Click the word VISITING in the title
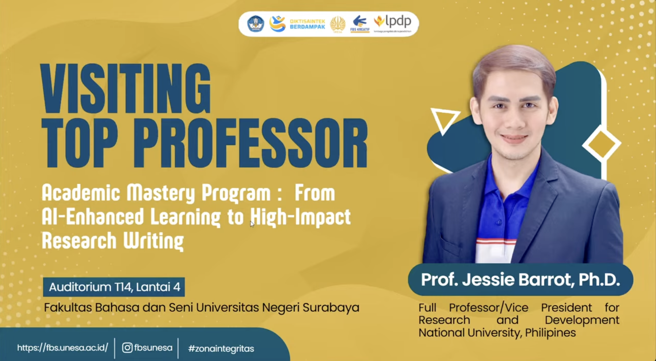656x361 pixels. [126, 89]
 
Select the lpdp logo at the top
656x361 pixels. [393, 24]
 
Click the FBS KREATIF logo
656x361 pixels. [360, 24]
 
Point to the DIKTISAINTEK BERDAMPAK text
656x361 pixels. [307, 24]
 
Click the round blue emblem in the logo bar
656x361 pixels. [256, 24]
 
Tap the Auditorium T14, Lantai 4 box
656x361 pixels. [114, 287]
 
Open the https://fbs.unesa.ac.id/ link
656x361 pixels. [62, 348]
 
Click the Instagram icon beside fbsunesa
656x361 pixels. [127, 348]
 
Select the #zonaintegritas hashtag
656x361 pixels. [221, 349]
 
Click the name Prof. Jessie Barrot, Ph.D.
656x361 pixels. [520, 280]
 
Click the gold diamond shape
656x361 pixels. [602, 144]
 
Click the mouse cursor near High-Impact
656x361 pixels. [252, 224]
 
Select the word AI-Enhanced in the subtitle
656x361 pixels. [93, 216]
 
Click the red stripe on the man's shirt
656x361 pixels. [497, 241]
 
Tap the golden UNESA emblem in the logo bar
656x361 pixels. [337, 24]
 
